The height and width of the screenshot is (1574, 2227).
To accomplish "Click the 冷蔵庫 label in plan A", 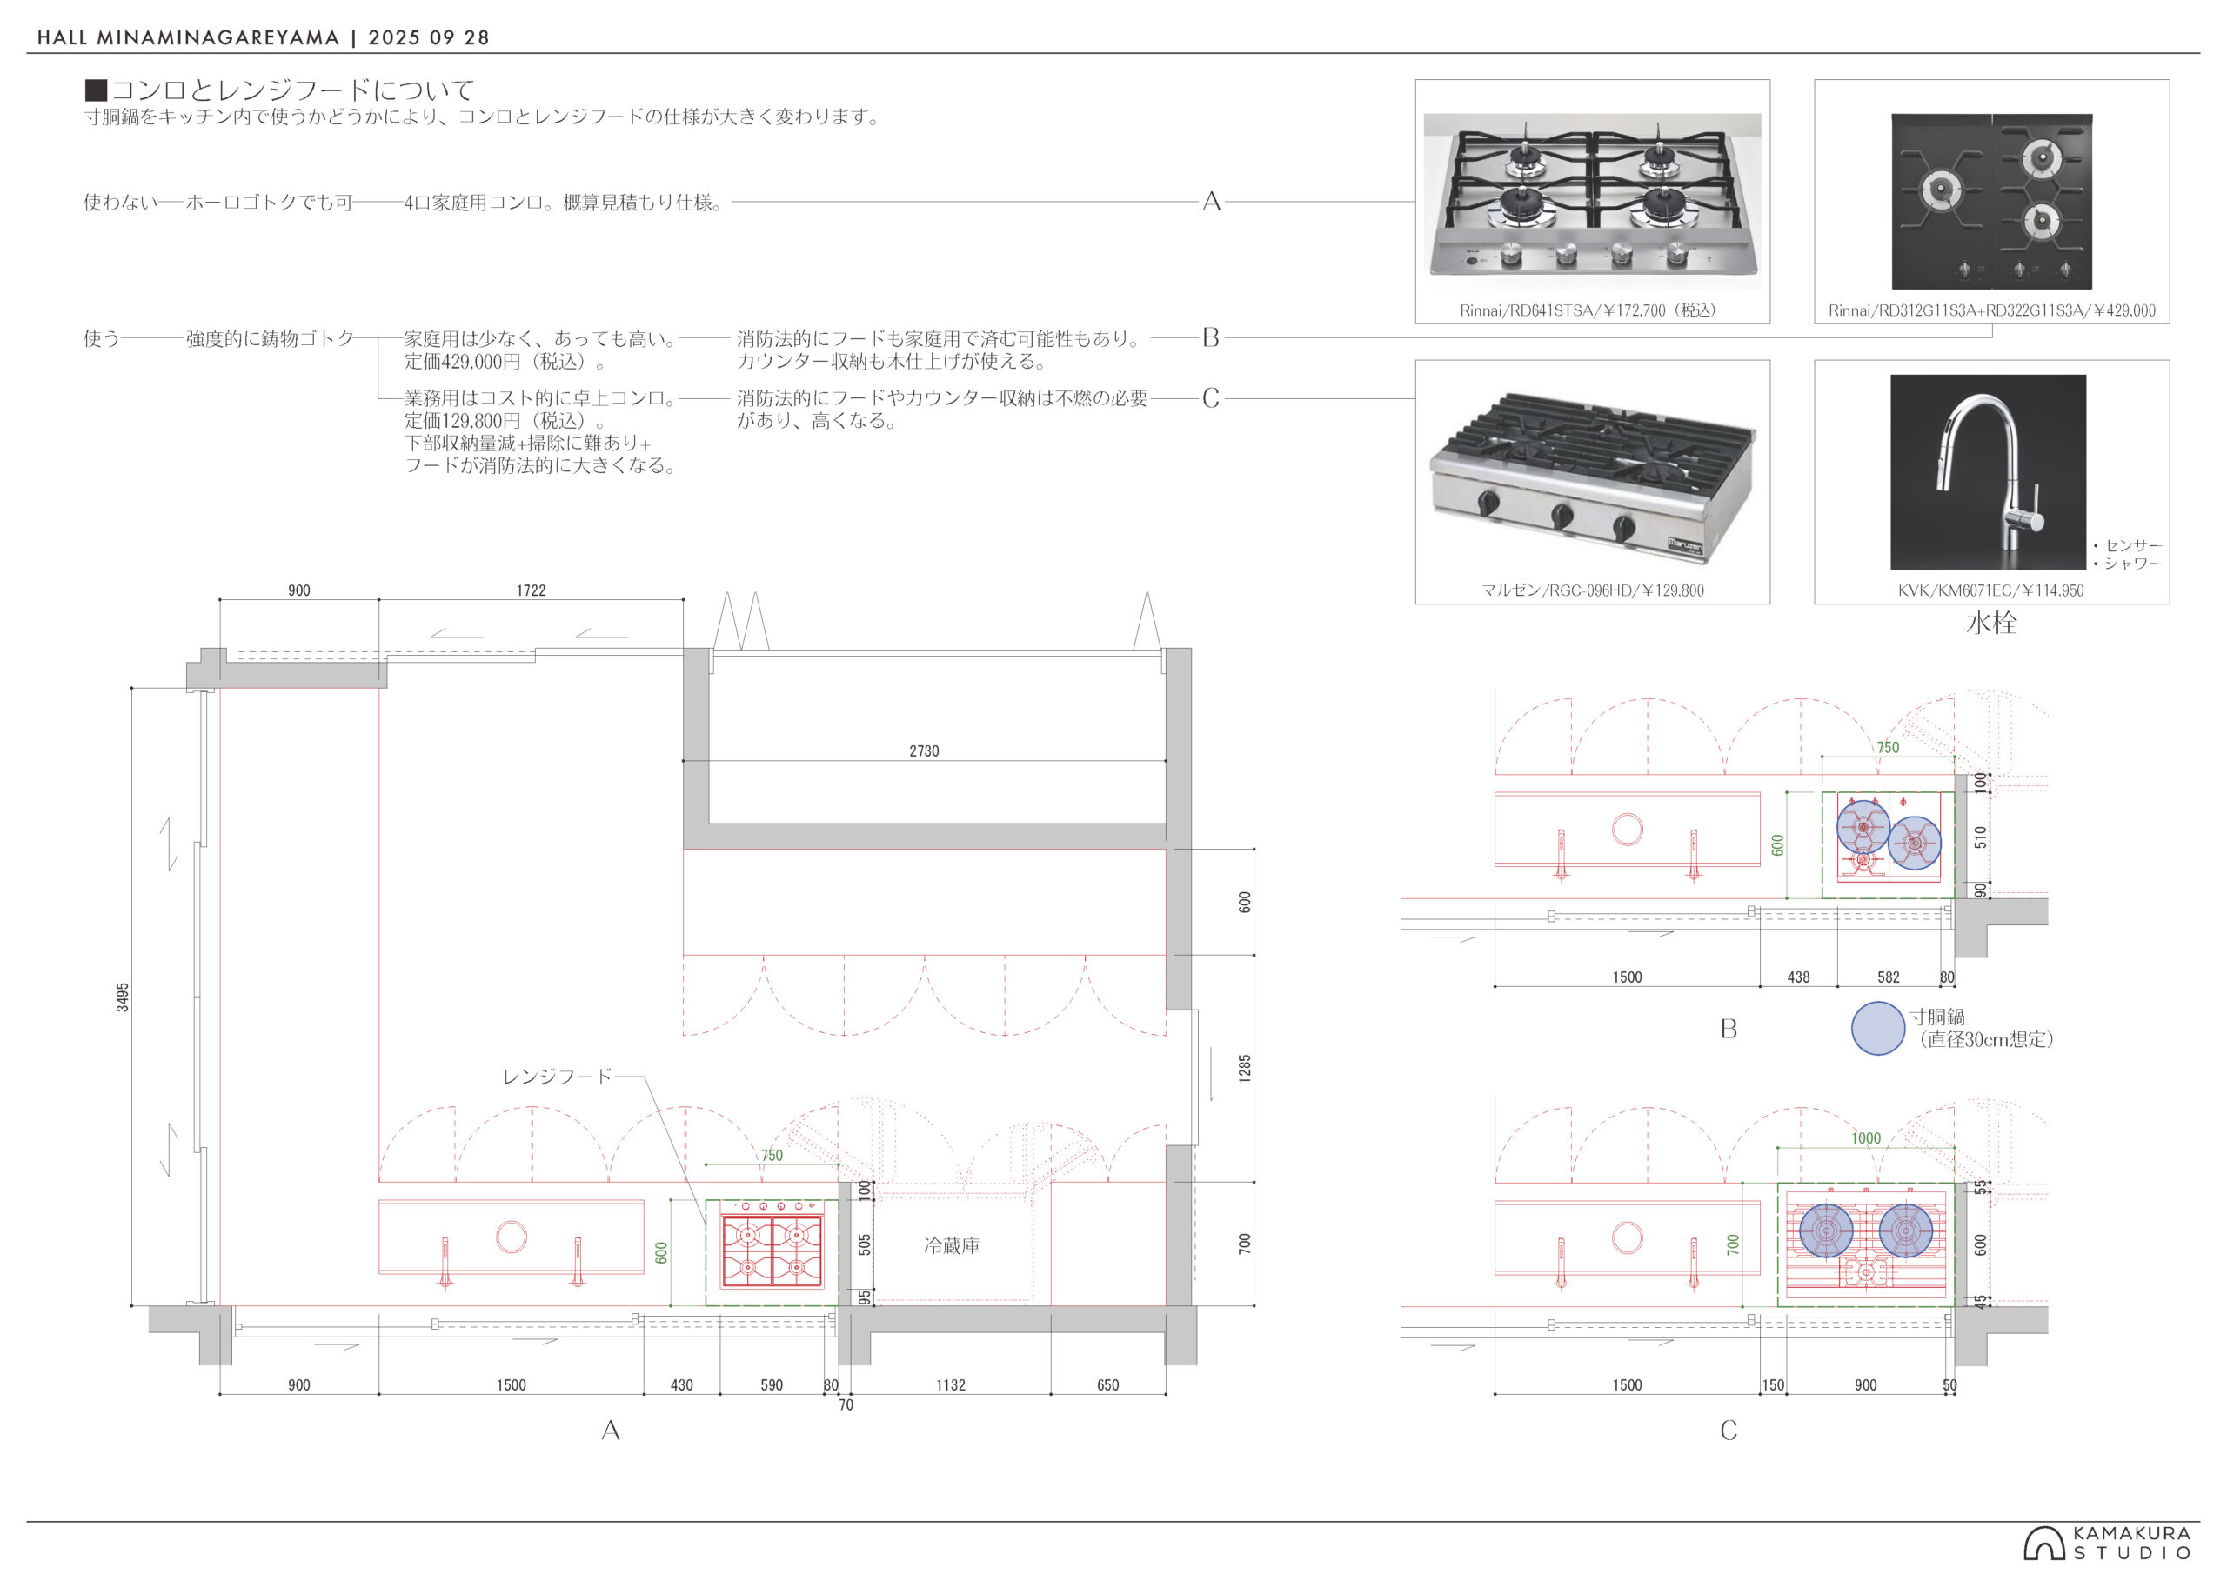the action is coord(952,1245).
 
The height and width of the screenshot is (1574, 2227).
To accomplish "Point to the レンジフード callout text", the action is coord(557,1077).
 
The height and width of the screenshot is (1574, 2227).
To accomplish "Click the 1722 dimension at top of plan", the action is coord(531,590).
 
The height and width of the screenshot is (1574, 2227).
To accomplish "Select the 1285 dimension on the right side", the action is coord(1246,1069).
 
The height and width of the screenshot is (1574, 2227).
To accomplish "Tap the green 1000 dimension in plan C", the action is coord(1865,1138).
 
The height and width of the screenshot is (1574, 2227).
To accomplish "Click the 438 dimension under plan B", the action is coord(1798,977).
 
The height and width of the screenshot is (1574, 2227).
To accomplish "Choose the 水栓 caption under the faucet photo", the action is coord(1991,623).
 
